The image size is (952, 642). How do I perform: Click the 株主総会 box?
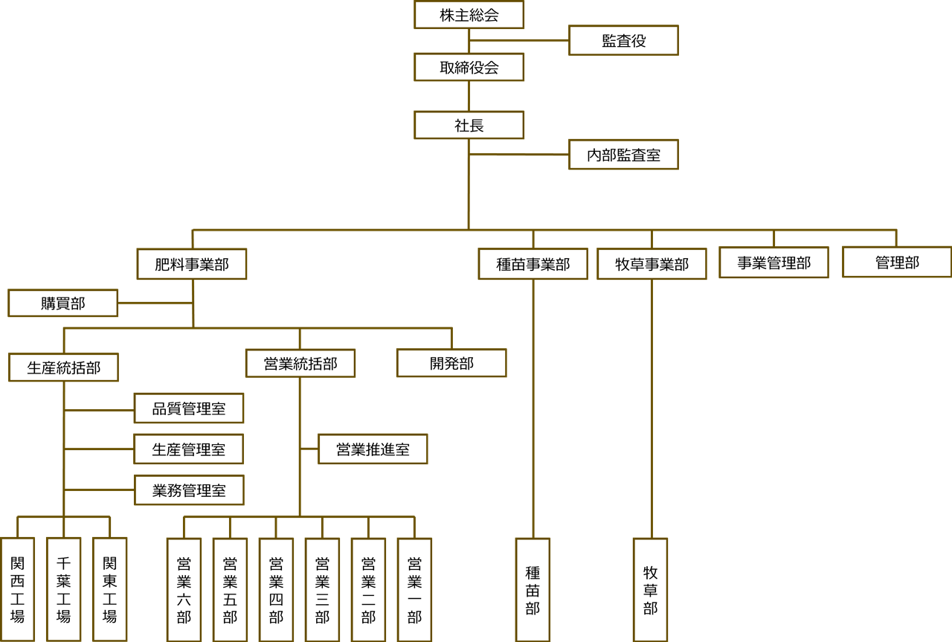pos(469,15)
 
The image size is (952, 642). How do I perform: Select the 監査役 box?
pos(623,41)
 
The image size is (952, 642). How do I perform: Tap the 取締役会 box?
pos(469,68)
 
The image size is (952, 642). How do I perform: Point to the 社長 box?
pos(469,125)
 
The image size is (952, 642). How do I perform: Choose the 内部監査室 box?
pos(623,155)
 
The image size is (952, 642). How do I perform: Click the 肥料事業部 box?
pos(192,264)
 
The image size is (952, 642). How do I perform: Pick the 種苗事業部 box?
pos(533,264)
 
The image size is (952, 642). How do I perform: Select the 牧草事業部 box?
pos(652,264)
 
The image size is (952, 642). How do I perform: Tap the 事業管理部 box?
pos(773,263)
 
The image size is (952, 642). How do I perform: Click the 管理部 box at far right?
pos(896,262)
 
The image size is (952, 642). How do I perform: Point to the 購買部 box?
pos(62,304)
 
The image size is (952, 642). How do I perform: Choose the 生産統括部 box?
pos(63,367)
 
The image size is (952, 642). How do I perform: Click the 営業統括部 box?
pos(300,364)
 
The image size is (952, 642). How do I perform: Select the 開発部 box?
pos(451,364)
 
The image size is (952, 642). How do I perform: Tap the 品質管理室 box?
pos(189,408)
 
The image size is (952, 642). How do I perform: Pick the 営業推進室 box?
pos(373,449)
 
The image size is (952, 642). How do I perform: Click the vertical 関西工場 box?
pos(17,588)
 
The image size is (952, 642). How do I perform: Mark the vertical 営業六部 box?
pos(184,589)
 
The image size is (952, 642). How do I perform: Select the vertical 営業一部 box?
pos(414,589)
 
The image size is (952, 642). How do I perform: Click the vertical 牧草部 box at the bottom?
pos(651,589)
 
